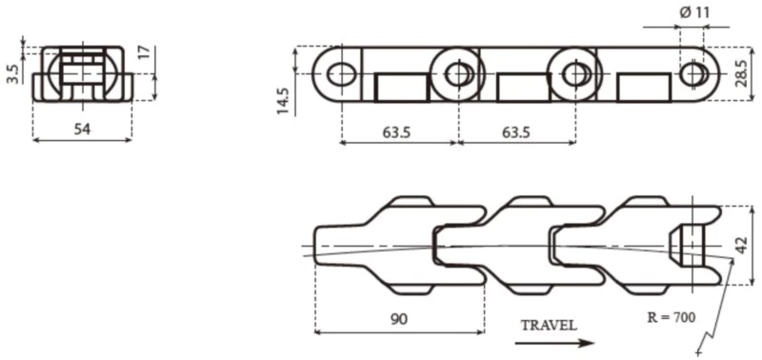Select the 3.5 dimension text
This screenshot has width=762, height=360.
tap(10, 73)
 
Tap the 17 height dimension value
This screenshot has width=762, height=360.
tap(145, 52)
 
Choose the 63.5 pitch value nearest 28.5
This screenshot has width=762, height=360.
tap(513, 132)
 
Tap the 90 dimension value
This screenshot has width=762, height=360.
tap(398, 318)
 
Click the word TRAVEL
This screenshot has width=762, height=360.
tap(548, 324)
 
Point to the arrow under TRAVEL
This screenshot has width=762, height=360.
tap(558, 341)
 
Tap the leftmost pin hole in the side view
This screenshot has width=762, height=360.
tap(337, 72)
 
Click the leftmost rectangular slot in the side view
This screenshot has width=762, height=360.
tap(402, 89)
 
